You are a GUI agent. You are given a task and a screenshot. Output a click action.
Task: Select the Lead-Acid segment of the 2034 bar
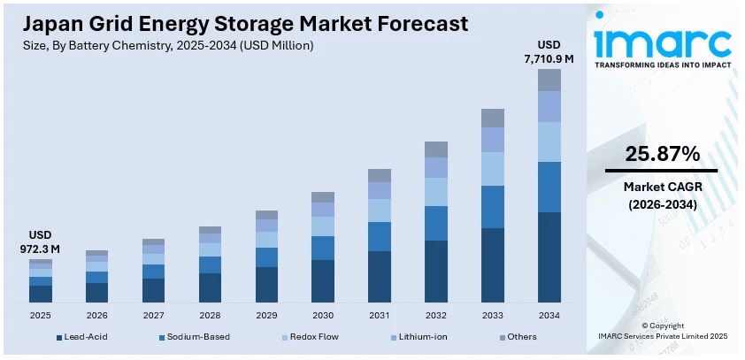(549, 257)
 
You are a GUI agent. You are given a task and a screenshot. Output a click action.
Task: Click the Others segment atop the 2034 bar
(549, 80)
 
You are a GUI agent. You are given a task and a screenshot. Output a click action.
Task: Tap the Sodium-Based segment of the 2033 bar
(493, 207)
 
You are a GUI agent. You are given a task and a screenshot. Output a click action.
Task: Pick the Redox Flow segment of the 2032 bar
(436, 192)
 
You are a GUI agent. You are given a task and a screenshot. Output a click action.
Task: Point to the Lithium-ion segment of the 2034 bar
(549, 106)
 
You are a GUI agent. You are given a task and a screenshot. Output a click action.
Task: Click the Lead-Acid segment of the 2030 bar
(323, 280)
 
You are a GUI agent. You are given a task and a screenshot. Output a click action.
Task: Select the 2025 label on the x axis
(40, 315)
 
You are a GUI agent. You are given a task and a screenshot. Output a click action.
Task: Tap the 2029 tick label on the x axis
(266, 315)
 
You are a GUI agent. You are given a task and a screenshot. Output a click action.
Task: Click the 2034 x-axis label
(549, 315)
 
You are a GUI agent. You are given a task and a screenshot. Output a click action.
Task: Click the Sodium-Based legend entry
(190, 337)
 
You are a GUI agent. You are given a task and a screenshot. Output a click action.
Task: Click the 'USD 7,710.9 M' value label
(549, 52)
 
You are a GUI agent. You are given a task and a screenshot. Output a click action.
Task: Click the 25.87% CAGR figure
(662, 154)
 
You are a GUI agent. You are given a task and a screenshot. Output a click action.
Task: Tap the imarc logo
(663, 42)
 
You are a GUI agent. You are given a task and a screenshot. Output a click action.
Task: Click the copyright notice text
(663, 331)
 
